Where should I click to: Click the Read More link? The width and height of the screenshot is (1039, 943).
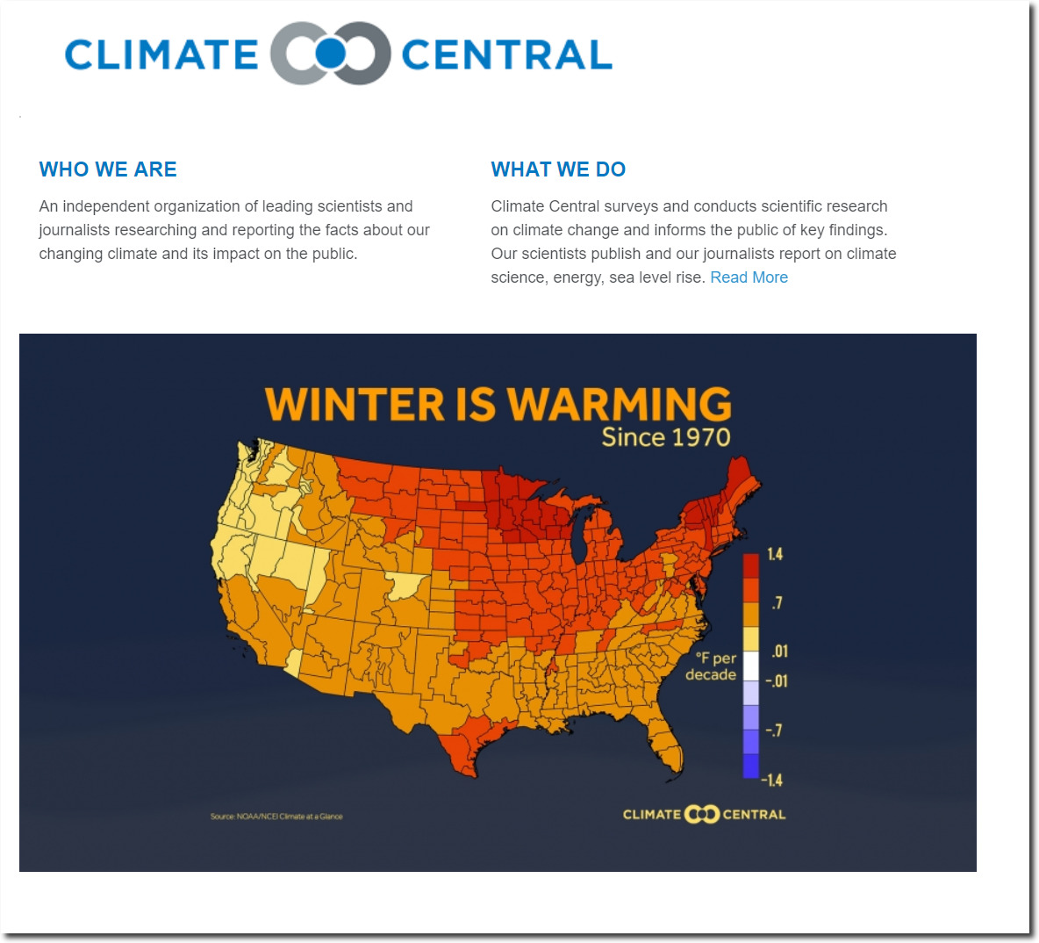click(749, 277)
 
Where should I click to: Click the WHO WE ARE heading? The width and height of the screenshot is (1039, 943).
click(108, 169)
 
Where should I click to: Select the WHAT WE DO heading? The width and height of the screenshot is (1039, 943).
click(558, 169)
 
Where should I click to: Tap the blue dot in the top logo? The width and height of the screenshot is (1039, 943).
click(330, 54)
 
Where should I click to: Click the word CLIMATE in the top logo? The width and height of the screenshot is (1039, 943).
click(161, 54)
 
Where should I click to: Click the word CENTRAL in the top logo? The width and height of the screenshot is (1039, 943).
click(507, 54)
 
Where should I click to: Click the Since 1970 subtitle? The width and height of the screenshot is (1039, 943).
click(666, 437)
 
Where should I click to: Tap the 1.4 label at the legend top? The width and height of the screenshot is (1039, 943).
click(775, 554)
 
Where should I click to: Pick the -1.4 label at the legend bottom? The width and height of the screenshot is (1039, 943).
click(772, 780)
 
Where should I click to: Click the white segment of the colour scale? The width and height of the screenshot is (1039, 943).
click(751, 666)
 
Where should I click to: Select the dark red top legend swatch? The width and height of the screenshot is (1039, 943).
click(751, 566)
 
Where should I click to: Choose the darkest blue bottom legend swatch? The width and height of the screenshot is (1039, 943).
click(751, 766)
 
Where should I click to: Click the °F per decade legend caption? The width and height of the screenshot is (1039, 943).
click(711, 666)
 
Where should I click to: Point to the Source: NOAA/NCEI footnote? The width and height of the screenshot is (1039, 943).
click(276, 817)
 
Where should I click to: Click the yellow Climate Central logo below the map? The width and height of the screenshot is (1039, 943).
click(704, 814)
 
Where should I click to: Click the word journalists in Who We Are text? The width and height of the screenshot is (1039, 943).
click(73, 230)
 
